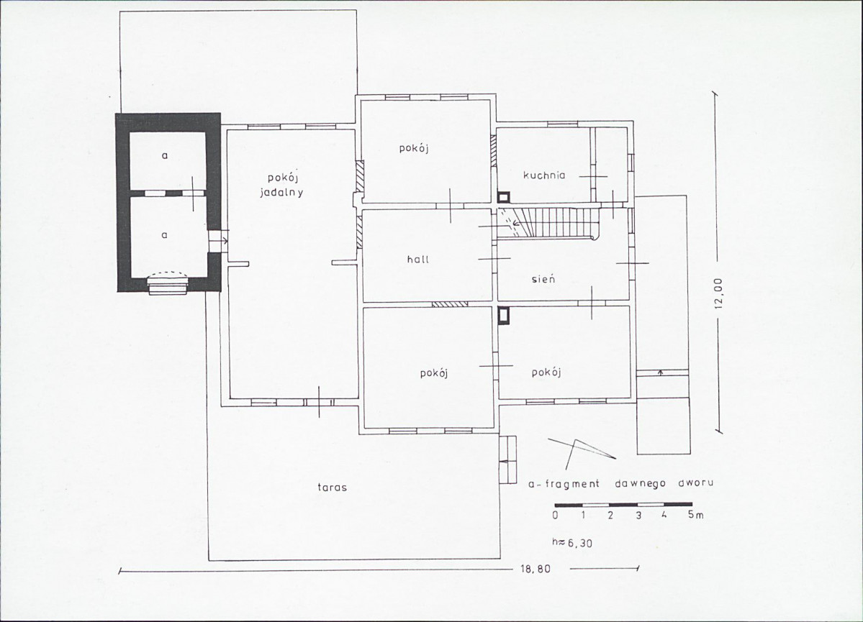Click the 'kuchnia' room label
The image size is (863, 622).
click(x=543, y=175)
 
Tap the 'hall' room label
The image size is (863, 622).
click(x=417, y=259)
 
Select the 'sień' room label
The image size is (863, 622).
click(x=543, y=278)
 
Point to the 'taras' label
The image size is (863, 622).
click(x=333, y=487)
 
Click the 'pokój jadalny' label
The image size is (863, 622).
click(x=282, y=186)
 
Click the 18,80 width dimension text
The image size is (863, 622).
click(x=534, y=570)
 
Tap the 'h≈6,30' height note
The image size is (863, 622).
click(x=572, y=543)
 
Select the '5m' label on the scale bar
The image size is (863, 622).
click(x=696, y=516)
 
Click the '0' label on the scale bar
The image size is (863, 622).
click(x=556, y=516)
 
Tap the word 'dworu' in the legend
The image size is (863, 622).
click(x=696, y=483)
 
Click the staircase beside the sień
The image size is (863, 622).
click(x=548, y=223)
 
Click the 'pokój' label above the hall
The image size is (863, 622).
click(x=414, y=148)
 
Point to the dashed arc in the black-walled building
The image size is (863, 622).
click(x=168, y=272)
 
